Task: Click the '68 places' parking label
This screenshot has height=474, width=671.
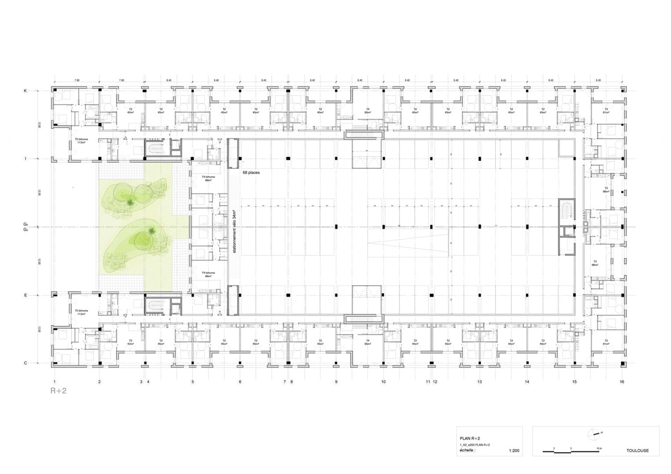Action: tap(251, 172)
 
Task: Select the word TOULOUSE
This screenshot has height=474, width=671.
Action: tap(637, 451)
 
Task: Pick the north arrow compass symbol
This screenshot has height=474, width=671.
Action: tap(593, 434)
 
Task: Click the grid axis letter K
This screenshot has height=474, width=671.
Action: tap(25, 90)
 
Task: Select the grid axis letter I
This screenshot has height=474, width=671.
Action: tap(25, 158)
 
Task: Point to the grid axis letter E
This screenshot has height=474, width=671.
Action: tap(25, 295)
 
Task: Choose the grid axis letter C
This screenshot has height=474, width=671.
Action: tap(25, 363)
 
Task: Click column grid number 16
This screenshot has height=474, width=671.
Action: tap(622, 382)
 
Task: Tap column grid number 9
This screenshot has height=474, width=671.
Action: tap(336, 382)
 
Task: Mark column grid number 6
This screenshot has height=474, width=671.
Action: tap(240, 382)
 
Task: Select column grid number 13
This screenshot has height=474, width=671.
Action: tap(480, 382)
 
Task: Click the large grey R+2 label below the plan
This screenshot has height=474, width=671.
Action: tap(58, 391)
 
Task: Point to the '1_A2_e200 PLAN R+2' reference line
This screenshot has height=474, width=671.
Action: tap(475, 445)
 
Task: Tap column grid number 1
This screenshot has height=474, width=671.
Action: tap(54, 382)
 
